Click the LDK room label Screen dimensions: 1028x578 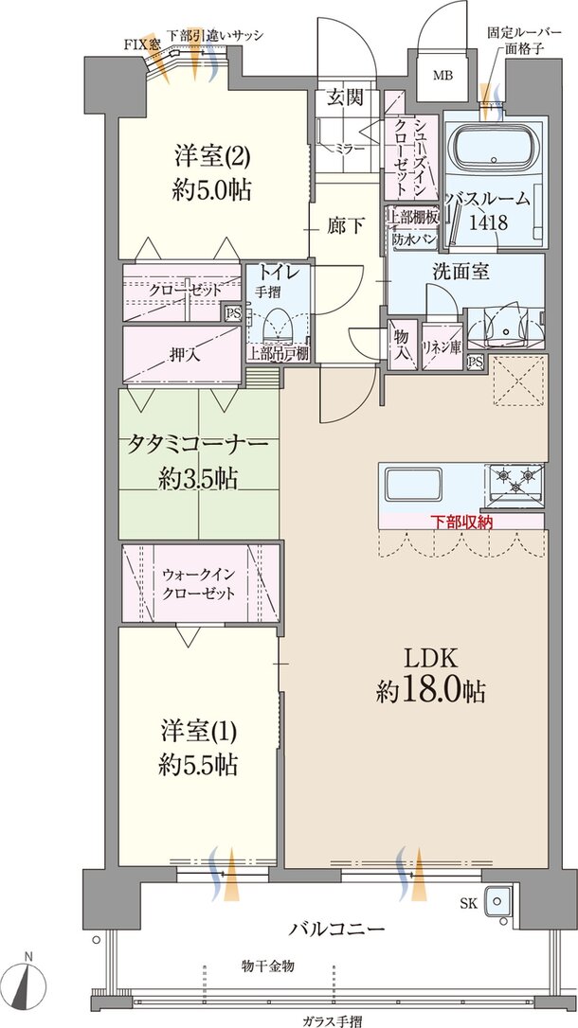(426, 676)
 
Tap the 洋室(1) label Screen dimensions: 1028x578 (198, 747)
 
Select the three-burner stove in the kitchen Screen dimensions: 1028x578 (516, 483)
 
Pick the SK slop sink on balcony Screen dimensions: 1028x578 (497, 902)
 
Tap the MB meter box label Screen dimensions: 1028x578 (443, 75)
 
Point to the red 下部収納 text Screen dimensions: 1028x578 (461, 522)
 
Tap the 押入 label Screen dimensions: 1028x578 (184, 355)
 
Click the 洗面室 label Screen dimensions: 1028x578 (461, 272)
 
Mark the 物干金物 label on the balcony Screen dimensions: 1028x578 (268, 966)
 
